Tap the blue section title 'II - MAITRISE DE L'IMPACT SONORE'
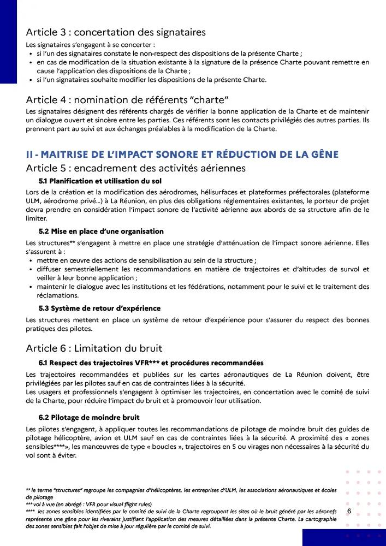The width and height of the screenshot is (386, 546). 182,155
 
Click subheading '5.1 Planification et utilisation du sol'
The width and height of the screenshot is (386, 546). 100,181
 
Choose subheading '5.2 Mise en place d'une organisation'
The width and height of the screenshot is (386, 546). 101,232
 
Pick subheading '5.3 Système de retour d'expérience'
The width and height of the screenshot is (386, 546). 99,308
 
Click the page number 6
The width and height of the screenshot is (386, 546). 349,511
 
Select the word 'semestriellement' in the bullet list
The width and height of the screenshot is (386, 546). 91,269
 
